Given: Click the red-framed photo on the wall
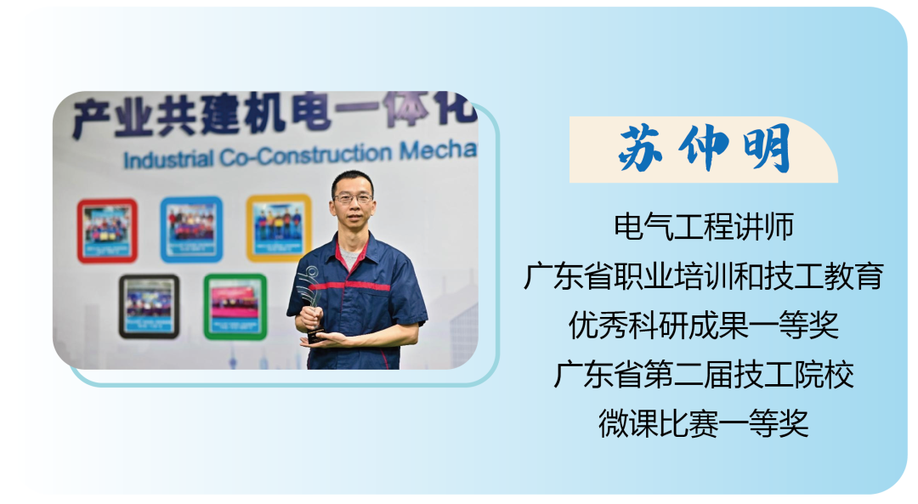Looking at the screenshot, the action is [107, 230].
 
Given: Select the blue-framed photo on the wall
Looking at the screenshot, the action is [191, 229].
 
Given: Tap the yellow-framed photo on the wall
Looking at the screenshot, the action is [279, 227].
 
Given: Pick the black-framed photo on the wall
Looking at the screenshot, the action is [150, 307].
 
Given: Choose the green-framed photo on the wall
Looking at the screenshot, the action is [235, 307].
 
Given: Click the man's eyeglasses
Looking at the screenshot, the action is [353, 198].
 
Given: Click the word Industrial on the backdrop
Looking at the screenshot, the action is [167, 160].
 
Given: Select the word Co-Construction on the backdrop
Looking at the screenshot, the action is [306, 156].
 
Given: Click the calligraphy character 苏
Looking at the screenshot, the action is [641, 149].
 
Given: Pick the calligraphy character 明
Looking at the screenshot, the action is [768, 149].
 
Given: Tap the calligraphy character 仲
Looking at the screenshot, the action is [705, 149].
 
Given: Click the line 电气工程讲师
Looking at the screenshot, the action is [704, 227].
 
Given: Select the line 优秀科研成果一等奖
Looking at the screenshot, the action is [704, 326].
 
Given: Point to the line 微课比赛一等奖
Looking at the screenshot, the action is [704, 423].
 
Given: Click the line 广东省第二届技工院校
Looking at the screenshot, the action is [704, 375].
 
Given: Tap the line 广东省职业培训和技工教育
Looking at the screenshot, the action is [704, 275].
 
